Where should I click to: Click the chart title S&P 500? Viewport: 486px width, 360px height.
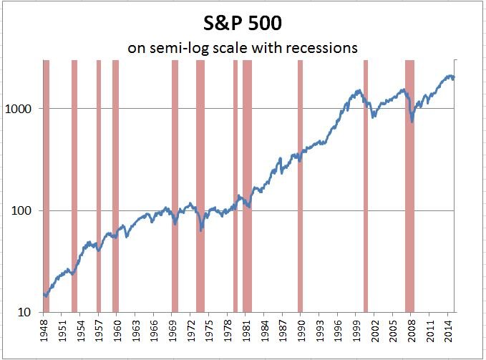tap(243, 23)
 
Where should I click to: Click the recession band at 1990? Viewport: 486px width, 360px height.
tap(300, 186)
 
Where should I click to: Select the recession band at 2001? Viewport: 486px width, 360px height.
tap(366, 186)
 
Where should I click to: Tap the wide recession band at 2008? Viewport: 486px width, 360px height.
tap(410, 186)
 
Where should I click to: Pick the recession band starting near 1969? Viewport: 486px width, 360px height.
tap(175, 186)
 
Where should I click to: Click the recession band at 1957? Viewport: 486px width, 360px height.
tap(99, 186)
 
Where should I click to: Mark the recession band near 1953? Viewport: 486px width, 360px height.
tap(74, 186)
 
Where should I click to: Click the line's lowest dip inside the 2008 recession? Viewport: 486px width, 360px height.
tap(412, 122)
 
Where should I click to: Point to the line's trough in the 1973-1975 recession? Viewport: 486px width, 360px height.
tap(201, 230)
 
